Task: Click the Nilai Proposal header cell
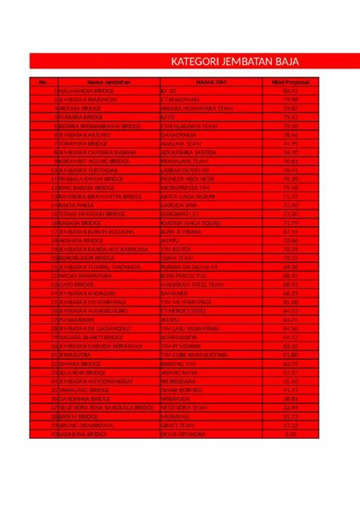[289, 81]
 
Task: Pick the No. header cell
[43, 81]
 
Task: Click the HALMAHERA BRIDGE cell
[86, 90]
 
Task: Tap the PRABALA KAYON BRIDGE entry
[90, 179]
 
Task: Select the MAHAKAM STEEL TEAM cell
[188, 285]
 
